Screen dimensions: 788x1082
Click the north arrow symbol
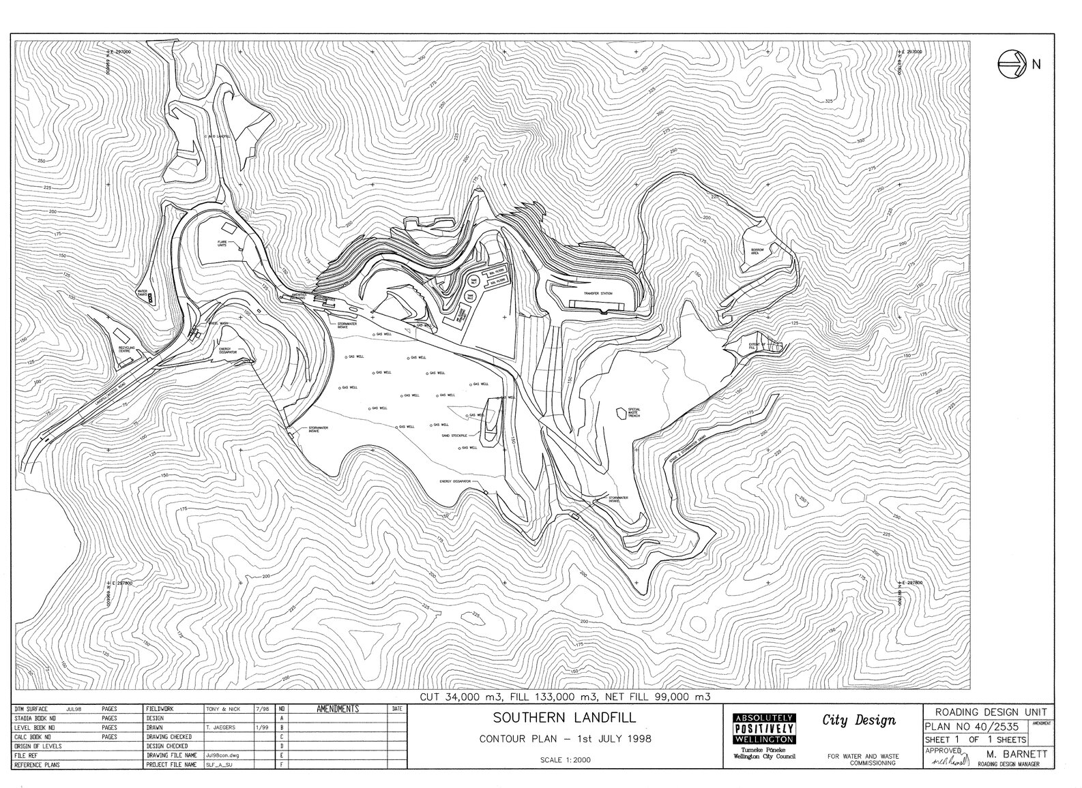tap(1012, 63)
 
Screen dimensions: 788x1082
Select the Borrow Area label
tap(759, 251)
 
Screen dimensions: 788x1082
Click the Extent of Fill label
tap(754, 346)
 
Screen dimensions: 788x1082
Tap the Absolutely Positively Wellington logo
tap(762, 729)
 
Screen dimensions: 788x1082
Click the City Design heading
tap(859, 721)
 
